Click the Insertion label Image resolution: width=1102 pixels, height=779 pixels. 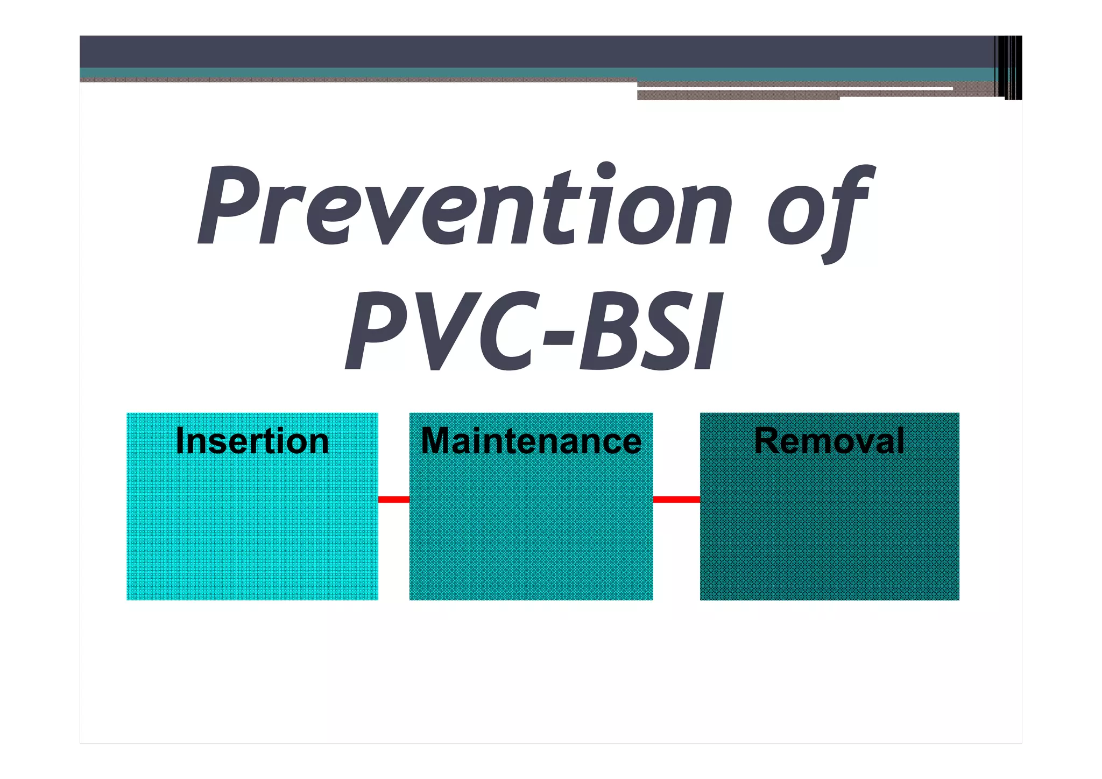[252, 441]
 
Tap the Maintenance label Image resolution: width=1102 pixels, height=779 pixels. [531, 441]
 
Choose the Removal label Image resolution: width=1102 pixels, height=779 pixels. [829, 441]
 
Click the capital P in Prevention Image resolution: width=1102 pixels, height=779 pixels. [229, 207]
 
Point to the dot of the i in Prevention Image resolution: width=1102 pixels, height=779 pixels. [606, 171]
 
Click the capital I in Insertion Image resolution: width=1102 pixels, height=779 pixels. [181, 441]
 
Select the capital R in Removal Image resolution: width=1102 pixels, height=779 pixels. [767, 441]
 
